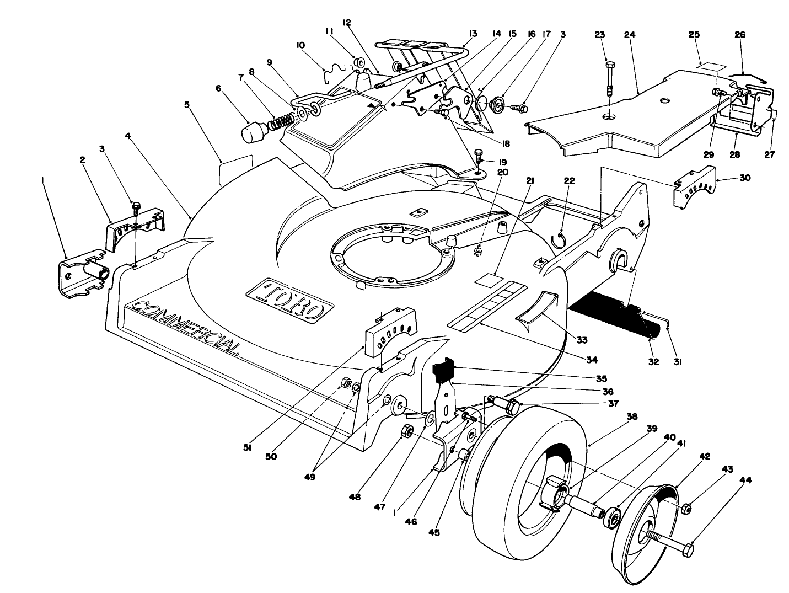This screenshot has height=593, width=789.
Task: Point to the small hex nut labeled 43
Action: coord(687,509)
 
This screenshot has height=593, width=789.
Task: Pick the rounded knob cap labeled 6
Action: coord(255,132)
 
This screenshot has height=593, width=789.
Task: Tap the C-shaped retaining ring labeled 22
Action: coord(559,240)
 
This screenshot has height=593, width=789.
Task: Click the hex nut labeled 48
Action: coord(407,430)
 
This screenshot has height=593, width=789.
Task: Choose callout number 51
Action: coord(247,448)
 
